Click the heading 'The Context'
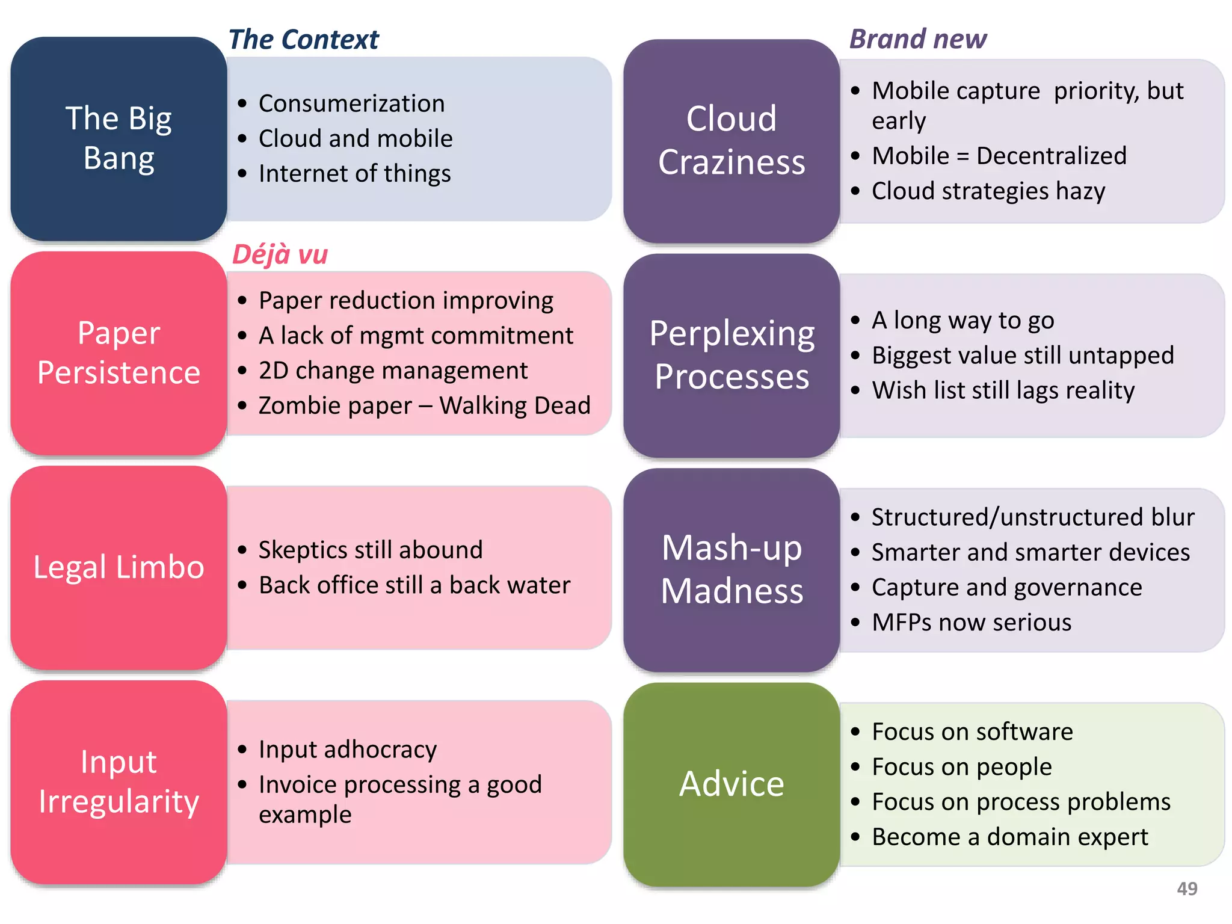click(304, 40)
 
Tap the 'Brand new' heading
click(917, 39)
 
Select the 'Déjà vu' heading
click(280, 254)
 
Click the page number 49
click(1187, 889)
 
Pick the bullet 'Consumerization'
click(351, 103)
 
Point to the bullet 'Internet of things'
click(354, 174)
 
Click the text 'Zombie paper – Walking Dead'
click(424, 405)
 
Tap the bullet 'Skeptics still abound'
click(370, 550)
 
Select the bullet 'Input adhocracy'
click(347, 750)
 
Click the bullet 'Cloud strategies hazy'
click(988, 191)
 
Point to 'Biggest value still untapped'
click(1022, 355)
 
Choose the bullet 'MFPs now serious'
click(971, 622)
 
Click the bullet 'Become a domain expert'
click(1009, 837)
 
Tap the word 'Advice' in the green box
click(731, 784)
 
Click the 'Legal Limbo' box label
click(119, 567)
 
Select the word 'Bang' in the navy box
click(119, 158)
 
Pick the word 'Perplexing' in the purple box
click(731, 334)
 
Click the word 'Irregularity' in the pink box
click(119, 802)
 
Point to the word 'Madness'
click(731, 591)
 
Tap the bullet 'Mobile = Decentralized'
click(999, 156)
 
